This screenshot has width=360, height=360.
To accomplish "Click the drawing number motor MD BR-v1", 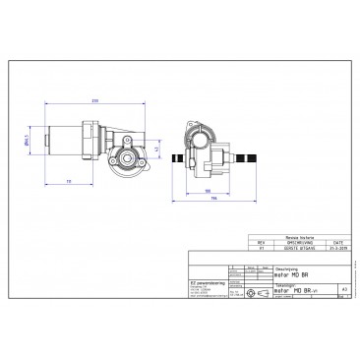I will point(294,291).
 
